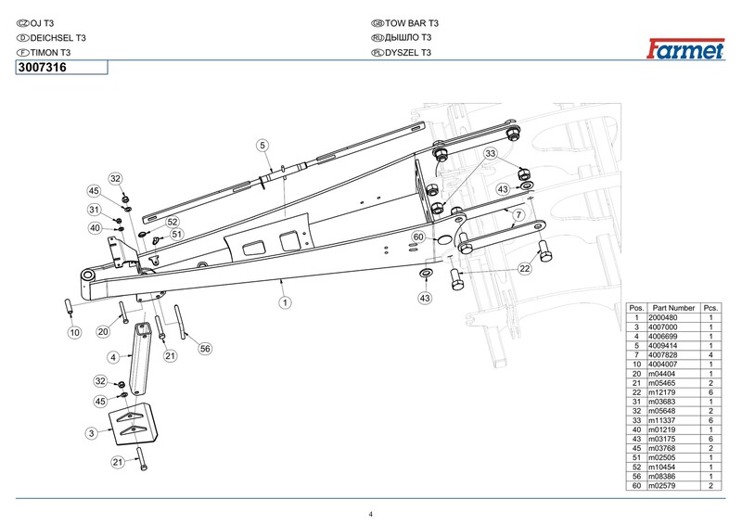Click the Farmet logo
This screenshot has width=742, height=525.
tap(685, 49)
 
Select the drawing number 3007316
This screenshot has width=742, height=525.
tap(42, 67)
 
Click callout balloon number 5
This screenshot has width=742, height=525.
tap(263, 146)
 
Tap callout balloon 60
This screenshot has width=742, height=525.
tap(418, 237)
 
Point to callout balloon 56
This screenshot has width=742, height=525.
tap(205, 349)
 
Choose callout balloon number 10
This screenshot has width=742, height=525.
tap(75, 332)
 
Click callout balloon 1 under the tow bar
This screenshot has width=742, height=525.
tap(285, 302)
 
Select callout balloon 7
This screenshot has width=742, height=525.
tap(518, 215)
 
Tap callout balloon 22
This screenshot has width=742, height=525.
tap(525, 269)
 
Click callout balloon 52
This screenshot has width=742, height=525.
tap(173, 222)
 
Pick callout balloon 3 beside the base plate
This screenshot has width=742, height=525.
tap(92, 432)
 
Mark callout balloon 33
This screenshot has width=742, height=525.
tap(491, 153)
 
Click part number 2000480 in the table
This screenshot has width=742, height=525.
tap(662, 317)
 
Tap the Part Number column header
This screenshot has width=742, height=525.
tap(673, 308)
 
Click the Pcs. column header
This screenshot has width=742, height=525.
tap(710, 308)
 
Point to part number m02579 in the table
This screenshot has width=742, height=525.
tap(661, 486)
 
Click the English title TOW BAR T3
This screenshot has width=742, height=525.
tap(412, 23)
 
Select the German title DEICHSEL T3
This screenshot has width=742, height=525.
tap(58, 38)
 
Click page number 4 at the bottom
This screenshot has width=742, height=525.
tap(371, 515)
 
